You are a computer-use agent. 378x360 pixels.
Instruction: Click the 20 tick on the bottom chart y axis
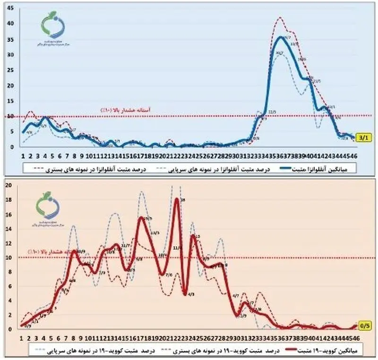pyautogui.click(x=8, y=185)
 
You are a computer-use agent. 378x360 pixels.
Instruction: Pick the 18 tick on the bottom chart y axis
pyautogui.click(x=8, y=199)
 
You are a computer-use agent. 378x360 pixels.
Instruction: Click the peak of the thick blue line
pyautogui.click(x=282, y=37)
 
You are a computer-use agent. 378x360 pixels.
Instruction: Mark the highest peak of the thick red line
pyautogui.click(x=177, y=199)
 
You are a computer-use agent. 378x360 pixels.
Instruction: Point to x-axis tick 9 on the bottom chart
pyautogui.click(x=82, y=338)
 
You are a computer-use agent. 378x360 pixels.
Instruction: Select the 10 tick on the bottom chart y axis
pyautogui.click(x=8, y=258)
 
